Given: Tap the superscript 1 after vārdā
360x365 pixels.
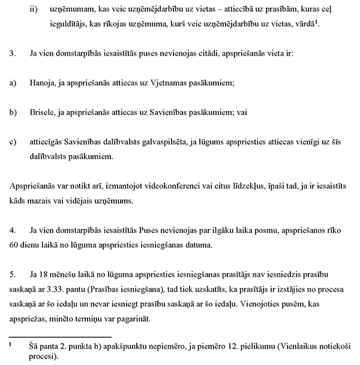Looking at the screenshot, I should (316, 22).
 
